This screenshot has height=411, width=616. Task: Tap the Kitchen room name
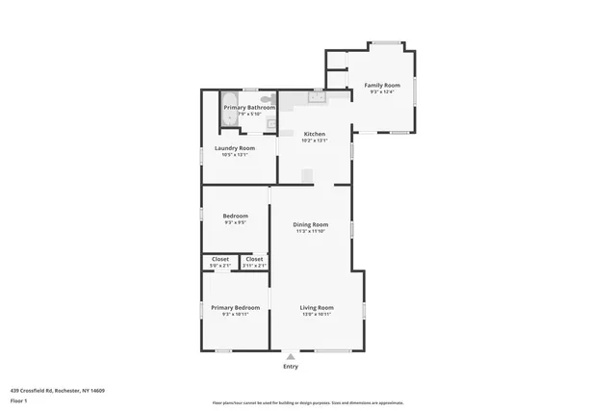[315, 134]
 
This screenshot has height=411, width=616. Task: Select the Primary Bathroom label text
[249, 107]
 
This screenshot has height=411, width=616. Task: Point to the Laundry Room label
[235, 147]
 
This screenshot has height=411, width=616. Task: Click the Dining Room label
[311, 224]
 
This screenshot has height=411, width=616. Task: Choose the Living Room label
[316, 308]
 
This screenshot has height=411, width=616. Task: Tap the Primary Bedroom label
[235, 308]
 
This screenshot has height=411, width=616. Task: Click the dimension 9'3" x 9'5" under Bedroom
[235, 222]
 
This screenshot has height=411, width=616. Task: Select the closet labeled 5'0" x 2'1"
[220, 262]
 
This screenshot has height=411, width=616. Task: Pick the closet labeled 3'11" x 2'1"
[254, 262]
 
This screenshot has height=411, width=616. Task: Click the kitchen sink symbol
[316, 96]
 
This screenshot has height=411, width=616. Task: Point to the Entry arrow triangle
[290, 356]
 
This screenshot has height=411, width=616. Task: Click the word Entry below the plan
[290, 366]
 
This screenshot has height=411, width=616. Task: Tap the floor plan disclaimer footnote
[308, 402]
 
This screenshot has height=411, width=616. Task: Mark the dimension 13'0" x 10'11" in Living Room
[316, 315]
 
